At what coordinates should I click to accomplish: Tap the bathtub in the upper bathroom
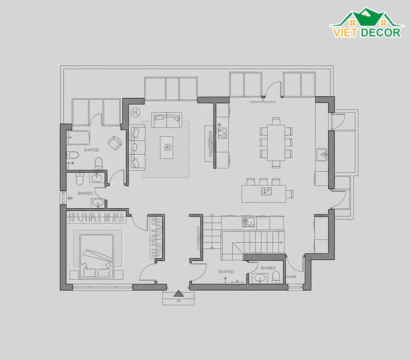[79, 138]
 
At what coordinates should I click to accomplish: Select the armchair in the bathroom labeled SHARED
[115, 143]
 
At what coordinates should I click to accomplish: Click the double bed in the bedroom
[97, 257]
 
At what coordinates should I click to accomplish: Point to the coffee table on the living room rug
[166, 147]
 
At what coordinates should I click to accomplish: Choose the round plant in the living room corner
[136, 112]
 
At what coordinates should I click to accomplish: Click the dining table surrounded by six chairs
[276, 143]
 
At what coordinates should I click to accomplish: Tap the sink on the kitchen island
[266, 191]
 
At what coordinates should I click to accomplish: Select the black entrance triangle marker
[178, 293]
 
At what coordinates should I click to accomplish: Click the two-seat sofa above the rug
[166, 120]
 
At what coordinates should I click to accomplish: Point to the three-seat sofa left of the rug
[137, 147]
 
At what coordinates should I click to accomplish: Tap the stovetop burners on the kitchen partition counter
[223, 133]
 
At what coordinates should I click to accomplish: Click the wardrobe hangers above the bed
[96, 217]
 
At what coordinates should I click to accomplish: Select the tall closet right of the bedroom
[156, 237]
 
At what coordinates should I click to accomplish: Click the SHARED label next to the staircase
[226, 272]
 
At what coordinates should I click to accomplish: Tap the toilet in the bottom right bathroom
[276, 277]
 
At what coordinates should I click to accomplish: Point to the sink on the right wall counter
[322, 154]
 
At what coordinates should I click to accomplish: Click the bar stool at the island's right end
[289, 194]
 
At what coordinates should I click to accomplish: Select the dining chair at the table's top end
[276, 121]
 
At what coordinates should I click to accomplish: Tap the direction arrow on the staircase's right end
[281, 243]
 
